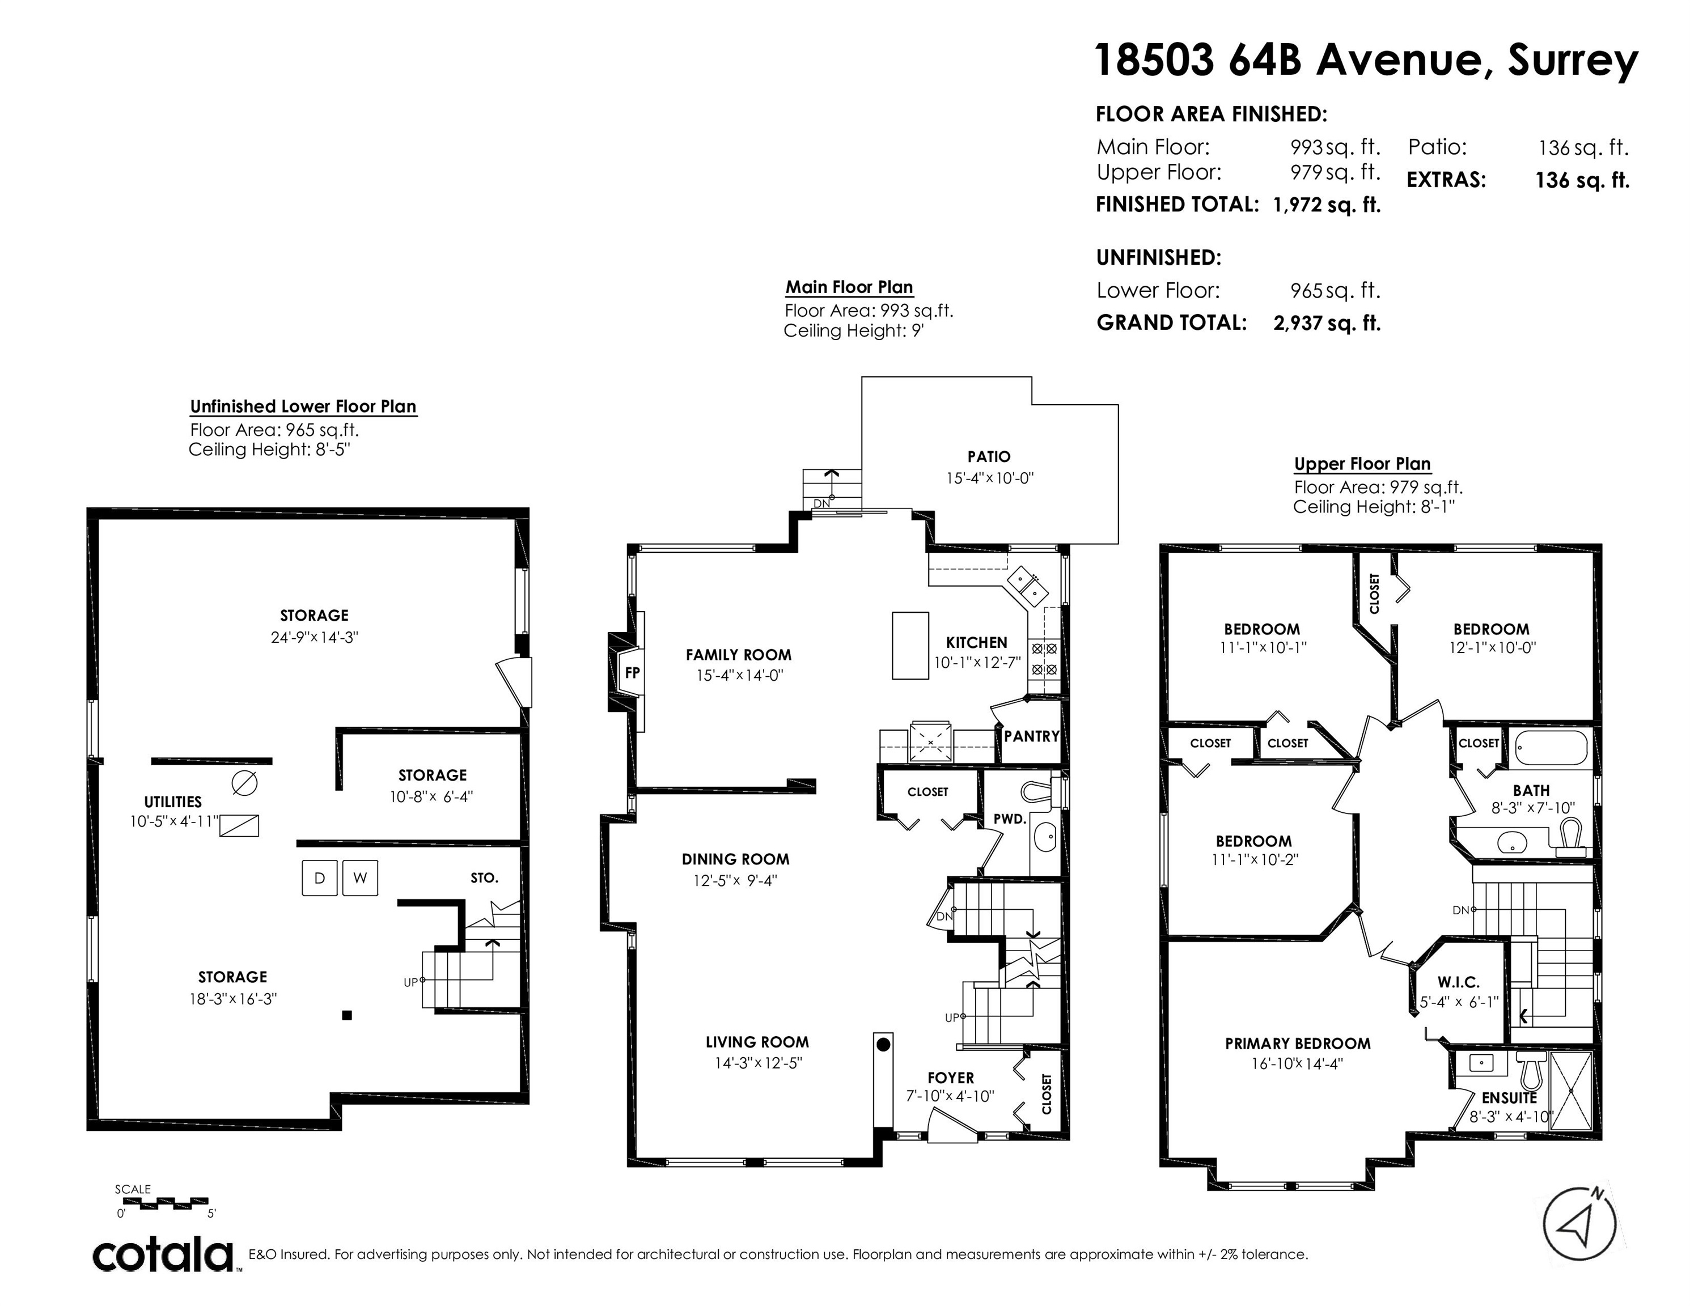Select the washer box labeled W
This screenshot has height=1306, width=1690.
360,878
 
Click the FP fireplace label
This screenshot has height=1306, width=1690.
632,672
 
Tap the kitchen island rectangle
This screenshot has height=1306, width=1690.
911,645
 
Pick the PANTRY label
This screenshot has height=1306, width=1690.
1031,736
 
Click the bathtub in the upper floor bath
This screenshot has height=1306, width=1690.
1551,748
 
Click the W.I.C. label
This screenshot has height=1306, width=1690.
1459,982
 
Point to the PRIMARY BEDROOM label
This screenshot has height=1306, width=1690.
1298,1044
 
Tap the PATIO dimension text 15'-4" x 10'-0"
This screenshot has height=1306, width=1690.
990,478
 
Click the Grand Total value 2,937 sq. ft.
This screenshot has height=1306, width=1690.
1327,323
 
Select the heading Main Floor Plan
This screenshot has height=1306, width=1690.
850,287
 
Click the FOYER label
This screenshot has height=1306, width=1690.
951,1078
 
